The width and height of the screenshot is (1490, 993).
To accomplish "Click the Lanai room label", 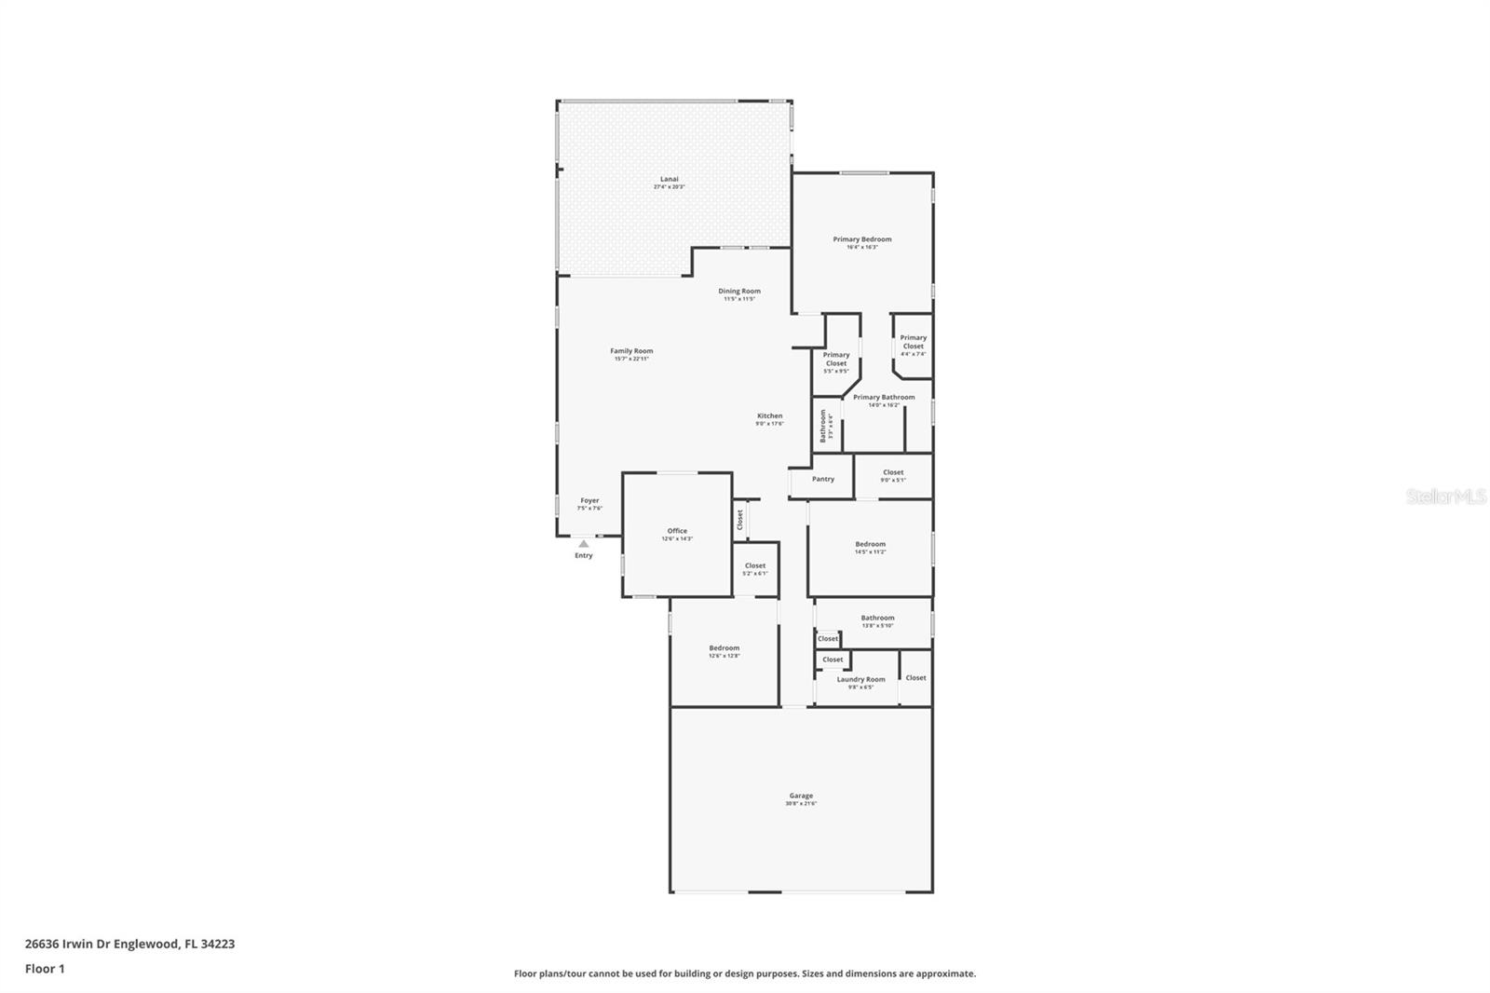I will (669, 179).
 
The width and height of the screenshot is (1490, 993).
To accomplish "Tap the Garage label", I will (801, 796).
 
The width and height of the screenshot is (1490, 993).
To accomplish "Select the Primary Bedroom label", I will (862, 239).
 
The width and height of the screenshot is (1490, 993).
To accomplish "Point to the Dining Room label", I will (738, 292).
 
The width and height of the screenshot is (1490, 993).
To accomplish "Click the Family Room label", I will (631, 351).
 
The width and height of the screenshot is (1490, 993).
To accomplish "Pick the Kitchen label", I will (769, 416).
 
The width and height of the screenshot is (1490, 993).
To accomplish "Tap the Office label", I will (677, 531).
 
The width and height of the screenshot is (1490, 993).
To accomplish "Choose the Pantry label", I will (823, 479).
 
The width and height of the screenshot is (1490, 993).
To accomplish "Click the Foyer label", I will (589, 501).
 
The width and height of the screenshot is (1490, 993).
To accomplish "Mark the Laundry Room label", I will (860, 680).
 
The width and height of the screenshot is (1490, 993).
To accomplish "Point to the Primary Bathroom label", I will (884, 398).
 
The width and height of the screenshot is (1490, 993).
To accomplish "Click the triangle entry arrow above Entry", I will (583, 543).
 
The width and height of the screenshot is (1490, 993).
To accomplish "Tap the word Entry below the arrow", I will (583, 556).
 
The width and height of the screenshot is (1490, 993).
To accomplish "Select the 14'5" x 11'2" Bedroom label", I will (871, 544).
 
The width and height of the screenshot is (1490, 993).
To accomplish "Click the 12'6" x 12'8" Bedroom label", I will (724, 648).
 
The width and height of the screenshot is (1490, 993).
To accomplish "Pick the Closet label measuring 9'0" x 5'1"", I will (893, 472).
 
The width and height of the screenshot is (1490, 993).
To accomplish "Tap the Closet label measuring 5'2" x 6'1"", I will (755, 565).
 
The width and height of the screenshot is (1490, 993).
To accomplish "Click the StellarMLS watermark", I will (1445, 497).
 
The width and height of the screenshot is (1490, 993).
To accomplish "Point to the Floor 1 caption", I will (45, 969).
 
